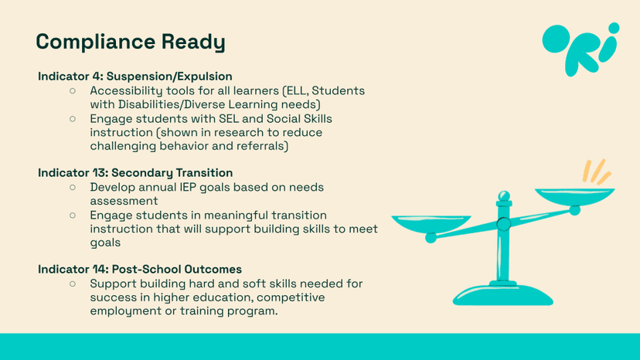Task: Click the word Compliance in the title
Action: (96, 42)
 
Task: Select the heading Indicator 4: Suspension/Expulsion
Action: (135, 76)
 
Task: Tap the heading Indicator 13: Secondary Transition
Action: (135, 172)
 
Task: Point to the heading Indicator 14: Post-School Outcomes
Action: (140, 270)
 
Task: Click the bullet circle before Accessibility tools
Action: (73, 90)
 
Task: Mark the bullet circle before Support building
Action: (73, 284)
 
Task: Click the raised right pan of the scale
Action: (575, 196)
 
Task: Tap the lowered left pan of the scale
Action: (431, 224)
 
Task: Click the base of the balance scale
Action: (503, 295)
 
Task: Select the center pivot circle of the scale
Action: (504, 224)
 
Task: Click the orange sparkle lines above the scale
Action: (596, 172)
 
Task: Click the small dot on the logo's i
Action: (614, 28)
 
